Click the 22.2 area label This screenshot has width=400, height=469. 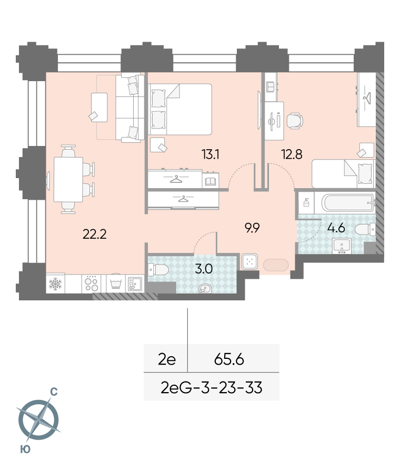94,234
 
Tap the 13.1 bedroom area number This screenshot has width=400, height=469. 211,154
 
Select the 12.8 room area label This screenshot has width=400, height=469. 292,154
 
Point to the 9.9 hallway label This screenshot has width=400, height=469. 252,228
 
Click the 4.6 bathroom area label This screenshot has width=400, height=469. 336,228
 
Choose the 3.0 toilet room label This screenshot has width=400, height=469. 204,269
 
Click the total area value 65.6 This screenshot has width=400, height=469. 229,359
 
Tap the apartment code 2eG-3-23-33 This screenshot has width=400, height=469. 212,388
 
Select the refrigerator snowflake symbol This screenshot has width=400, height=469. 55,284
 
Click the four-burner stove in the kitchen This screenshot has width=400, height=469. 92,284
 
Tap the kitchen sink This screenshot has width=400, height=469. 135,284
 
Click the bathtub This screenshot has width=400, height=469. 348,203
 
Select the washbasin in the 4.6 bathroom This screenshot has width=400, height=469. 342,246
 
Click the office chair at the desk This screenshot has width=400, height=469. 295,121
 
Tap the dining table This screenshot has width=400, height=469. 68,180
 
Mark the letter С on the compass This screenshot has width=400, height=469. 54,392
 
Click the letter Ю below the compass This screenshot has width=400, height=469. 25,449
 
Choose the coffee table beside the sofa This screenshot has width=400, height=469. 99,108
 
